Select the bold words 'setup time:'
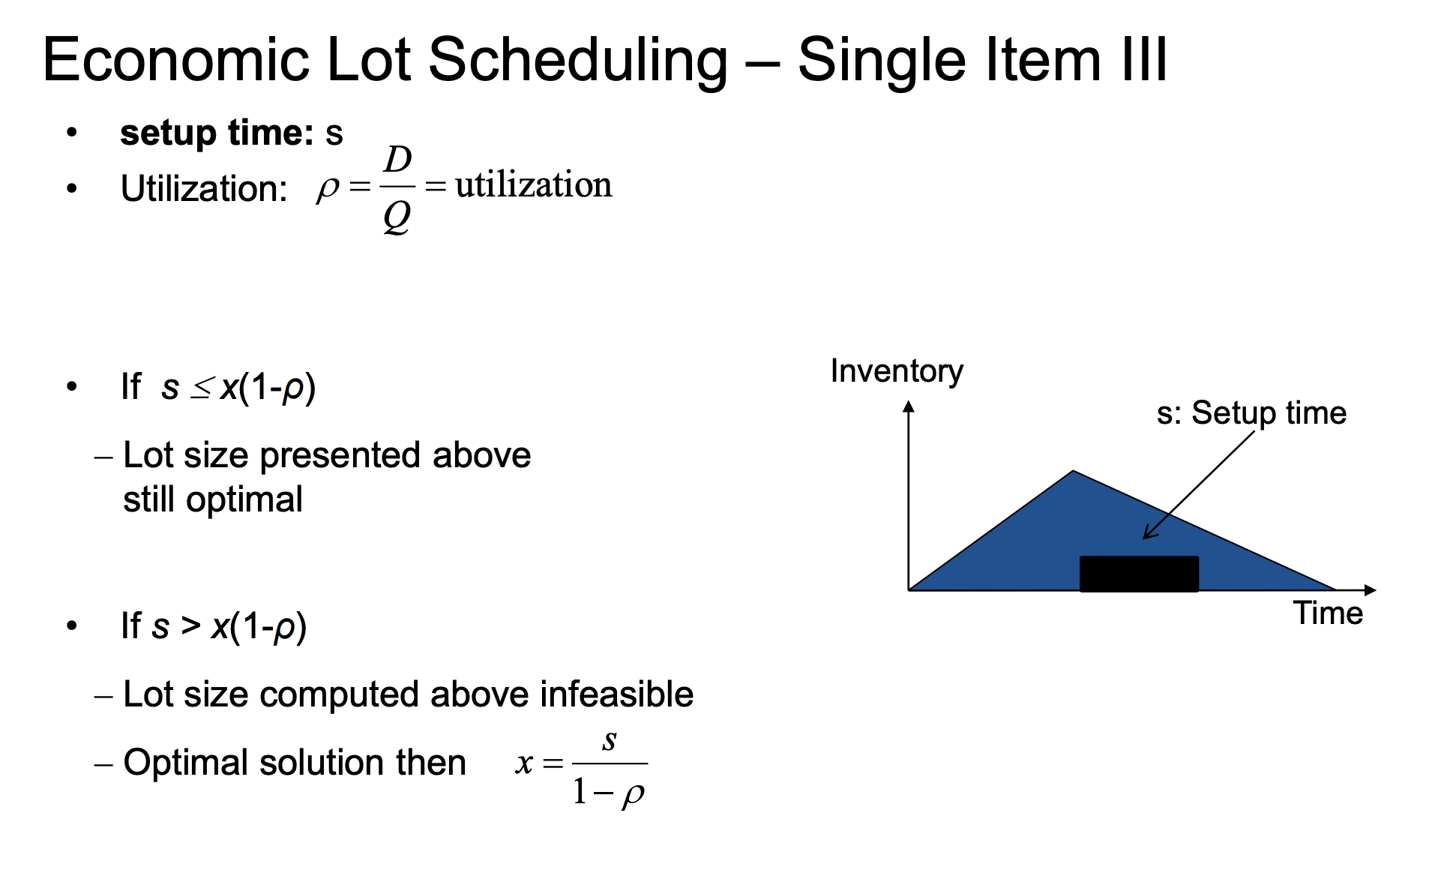(217, 133)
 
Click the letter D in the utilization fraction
(398, 160)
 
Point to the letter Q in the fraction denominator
(397, 218)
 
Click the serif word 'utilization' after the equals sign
(534, 184)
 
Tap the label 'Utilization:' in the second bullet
(204, 188)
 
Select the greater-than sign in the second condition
(190, 625)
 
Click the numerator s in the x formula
(610, 741)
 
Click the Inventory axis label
(897, 371)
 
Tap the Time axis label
(1328, 613)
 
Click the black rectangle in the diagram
(1139, 574)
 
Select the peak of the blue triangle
(1074, 471)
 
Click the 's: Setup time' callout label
(1251, 413)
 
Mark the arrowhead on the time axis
(1371, 590)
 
